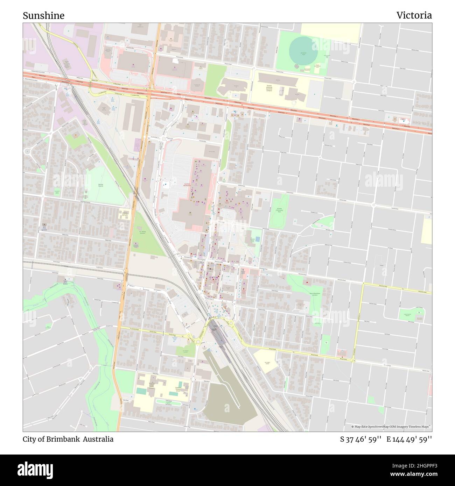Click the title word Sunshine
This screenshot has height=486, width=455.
click(x=43, y=15)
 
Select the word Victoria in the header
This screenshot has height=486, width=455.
click(x=414, y=15)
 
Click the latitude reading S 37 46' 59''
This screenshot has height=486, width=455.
click(x=360, y=439)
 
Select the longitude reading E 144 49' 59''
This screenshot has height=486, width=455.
click(x=409, y=439)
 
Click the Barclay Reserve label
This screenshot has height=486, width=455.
click(x=100, y=186)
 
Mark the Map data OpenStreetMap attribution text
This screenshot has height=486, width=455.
click(x=391, y=427)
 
